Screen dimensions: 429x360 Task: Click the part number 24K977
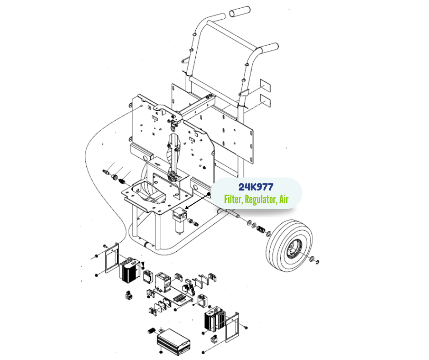[256, 187]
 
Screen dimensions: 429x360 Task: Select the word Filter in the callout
[233, 199]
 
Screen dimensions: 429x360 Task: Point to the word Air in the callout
[284, 199]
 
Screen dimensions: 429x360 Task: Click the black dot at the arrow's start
[209, 194]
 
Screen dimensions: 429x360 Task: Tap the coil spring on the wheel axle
[261, 230]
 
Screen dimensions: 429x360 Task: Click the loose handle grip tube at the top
[240, 12]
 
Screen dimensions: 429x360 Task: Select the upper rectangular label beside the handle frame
[265, 85]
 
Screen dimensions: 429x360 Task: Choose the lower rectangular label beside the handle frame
[265, 100]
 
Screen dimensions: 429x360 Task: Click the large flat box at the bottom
[173, 341]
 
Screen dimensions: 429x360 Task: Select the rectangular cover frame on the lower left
[112, 259]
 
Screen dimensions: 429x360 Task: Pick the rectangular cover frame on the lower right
[232, 328]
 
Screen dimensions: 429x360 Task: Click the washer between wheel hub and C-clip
[312, 259]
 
